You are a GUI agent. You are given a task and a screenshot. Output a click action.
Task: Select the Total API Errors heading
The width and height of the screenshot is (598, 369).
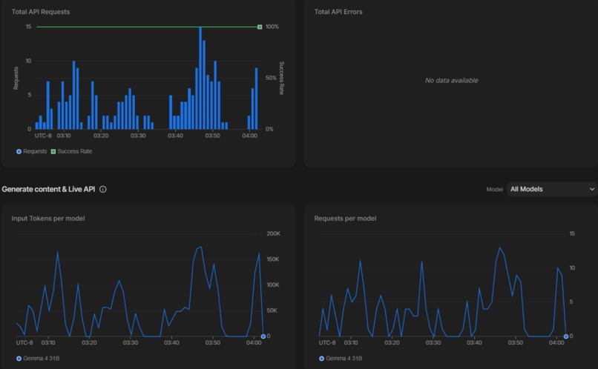tap(338, 12)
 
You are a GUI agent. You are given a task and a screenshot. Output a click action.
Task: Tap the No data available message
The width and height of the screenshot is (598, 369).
tap(451, 80)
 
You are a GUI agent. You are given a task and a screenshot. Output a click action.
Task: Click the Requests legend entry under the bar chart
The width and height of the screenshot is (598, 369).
tap(31, 151)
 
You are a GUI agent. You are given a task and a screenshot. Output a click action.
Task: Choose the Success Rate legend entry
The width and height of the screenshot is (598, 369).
tap(71, 151)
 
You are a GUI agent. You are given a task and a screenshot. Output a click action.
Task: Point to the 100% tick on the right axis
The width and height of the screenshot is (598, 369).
tap(272, 27)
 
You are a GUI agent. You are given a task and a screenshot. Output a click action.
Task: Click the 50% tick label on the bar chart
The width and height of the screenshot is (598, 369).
tap(271, 78)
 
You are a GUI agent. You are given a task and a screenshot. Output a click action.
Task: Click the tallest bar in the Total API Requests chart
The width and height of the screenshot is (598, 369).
tap(200, 78)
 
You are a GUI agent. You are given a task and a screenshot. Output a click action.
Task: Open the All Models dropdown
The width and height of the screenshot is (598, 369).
tap(551, 189)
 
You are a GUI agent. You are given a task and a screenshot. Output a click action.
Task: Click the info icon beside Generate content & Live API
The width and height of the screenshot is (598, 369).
tap(103, 189)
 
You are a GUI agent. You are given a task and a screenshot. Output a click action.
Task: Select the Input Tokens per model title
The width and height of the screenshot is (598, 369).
tap(47, 219)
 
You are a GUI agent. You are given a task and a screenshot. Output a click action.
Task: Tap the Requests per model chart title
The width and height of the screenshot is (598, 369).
tap(345, 219)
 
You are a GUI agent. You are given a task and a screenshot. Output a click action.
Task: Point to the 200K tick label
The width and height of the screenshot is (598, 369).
tap(273, 234)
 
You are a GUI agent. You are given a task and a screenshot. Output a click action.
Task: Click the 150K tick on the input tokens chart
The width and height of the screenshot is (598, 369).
tap(273, 259)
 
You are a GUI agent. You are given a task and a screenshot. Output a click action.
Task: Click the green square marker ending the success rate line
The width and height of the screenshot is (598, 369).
tap(260, 27)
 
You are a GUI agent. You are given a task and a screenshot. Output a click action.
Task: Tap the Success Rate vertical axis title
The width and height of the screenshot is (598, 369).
tap(281, 78)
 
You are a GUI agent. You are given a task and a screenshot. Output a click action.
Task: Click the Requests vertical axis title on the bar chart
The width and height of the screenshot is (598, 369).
tap(15, 78)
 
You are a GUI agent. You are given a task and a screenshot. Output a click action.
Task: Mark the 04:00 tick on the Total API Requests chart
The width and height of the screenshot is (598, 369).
tap(250, 136)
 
